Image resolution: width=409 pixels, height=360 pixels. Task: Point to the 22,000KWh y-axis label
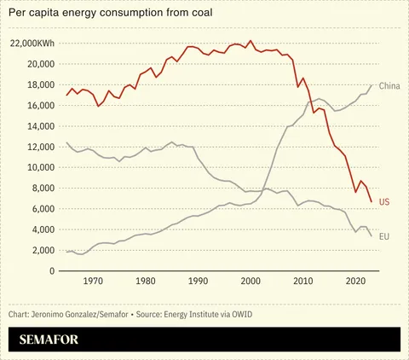[32, 44]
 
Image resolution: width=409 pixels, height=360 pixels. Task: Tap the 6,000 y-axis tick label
[42, 209]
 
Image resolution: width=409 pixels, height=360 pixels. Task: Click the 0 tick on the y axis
[52, 270]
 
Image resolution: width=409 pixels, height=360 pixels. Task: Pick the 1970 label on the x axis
[93, 281]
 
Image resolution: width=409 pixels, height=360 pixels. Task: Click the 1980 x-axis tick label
[146, 281]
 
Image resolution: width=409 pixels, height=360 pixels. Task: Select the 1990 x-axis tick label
[198, 281]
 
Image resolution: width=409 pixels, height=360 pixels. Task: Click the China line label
[389, 86]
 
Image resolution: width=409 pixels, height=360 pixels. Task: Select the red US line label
[384, 202]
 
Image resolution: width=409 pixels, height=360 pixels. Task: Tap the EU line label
[384, 235]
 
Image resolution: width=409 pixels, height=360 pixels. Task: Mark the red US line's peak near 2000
[250, 41]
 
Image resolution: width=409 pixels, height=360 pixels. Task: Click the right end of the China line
[372, 85]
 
